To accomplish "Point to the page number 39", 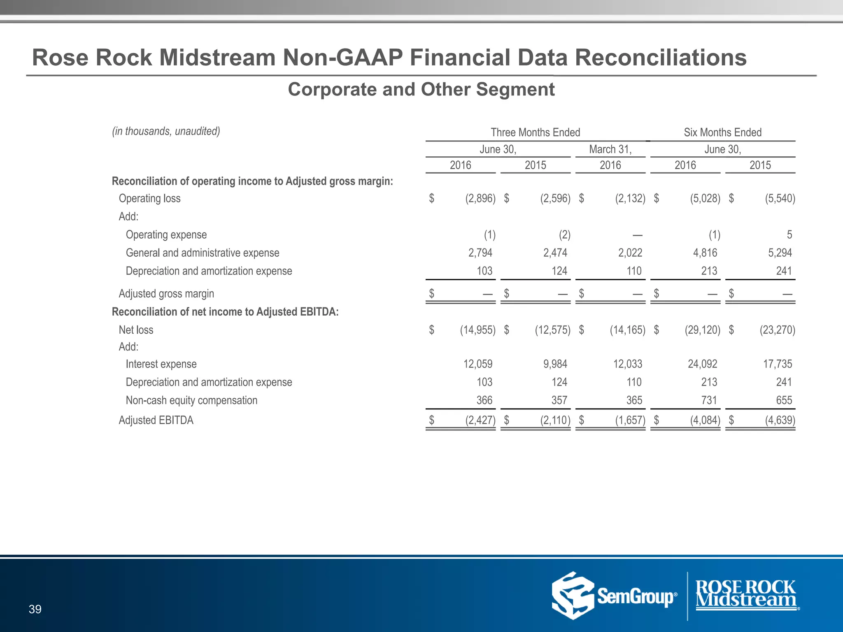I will (35, 609).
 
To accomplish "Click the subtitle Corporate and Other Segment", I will (421, 89).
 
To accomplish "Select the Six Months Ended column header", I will (722, 132).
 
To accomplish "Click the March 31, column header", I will (610, 149).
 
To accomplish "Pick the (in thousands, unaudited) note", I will (166, 131).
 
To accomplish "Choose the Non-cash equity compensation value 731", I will (709, 400).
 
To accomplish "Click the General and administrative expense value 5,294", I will (780, 253).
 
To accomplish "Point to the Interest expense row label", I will (161, 364).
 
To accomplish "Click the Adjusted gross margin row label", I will (166, 294).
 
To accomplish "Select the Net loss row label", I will (136, 330).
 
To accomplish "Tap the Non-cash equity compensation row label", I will (191, 400).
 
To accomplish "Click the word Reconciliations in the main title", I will (660, 57).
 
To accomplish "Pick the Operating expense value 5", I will (789, 235).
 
